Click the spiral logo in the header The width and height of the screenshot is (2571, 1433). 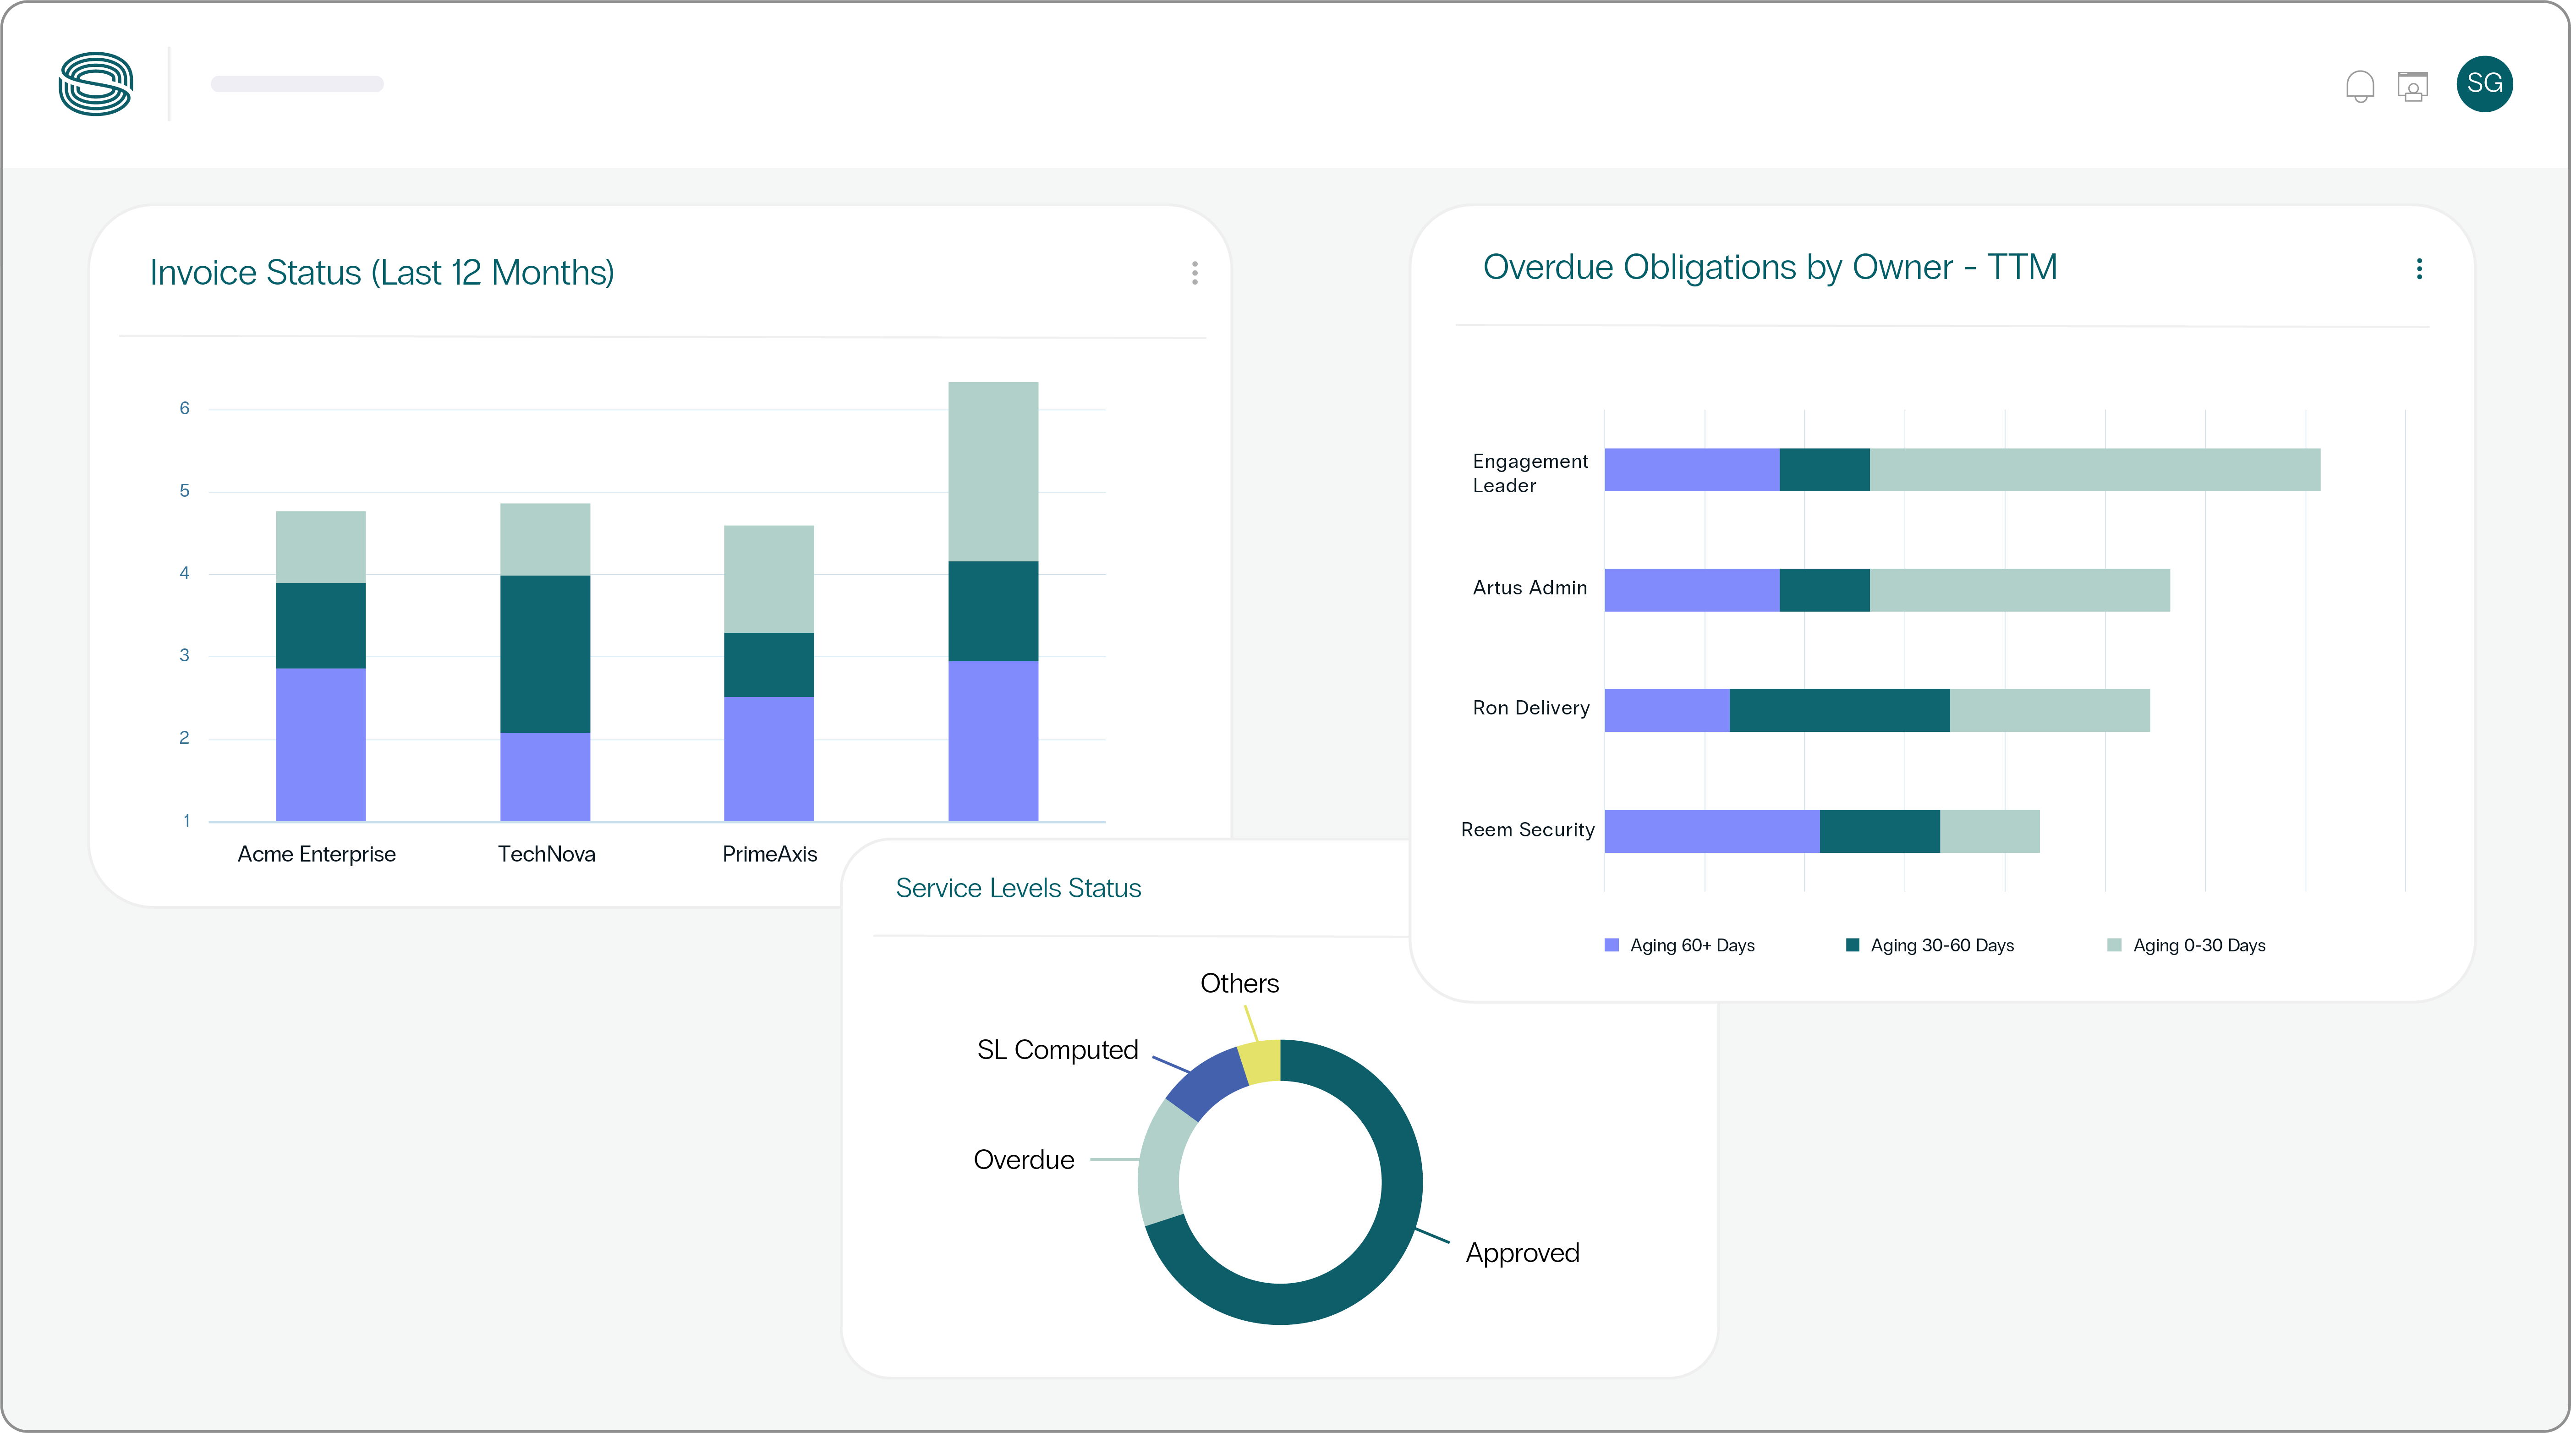[x=96, y=84]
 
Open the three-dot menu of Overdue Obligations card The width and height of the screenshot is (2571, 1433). [x=2418, y=269]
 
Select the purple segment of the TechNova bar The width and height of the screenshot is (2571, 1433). [x=545, y=776]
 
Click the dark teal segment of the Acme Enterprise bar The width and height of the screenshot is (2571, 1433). [x=320, y=626]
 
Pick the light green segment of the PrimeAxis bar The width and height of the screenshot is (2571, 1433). [x=768, y=579]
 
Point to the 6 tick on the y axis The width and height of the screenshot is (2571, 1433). [x=185, y=408]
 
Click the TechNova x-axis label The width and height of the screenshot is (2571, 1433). [x=546, y=854]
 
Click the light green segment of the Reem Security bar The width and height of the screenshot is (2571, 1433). [x=1989, y=831]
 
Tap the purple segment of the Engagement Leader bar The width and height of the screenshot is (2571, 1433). [x=1692, y=470]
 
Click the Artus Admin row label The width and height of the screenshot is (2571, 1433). [x=1529, y=588]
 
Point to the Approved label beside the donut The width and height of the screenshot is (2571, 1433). [x=1522, y=1253]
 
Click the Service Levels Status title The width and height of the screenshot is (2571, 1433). [x=1018, y=888]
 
